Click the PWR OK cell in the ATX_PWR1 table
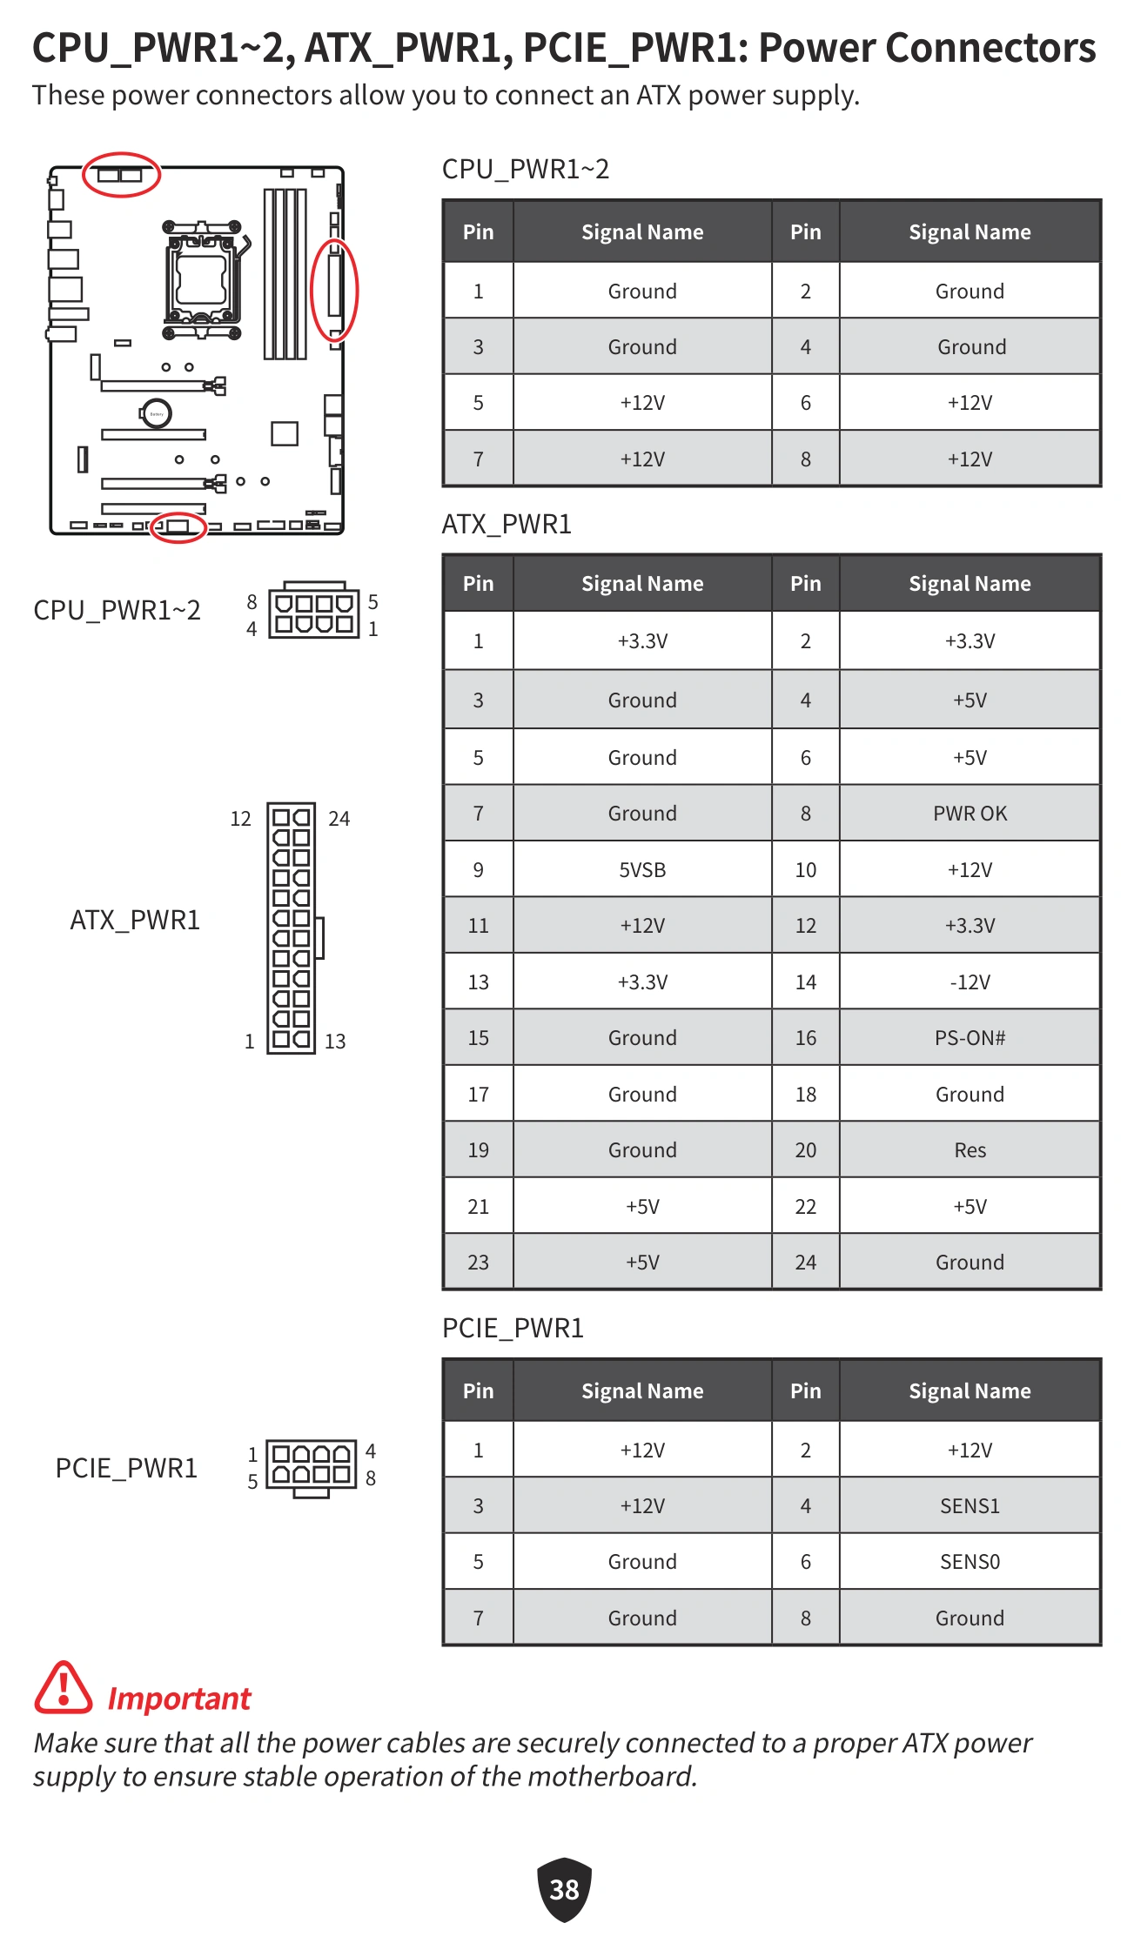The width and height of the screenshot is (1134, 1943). (x=970, y=814)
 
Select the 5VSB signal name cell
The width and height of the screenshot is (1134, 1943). (x=642, y=869)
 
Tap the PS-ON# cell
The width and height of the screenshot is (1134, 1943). (x=970, y=1038)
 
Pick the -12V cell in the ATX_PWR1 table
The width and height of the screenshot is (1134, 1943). (x=970, y=982)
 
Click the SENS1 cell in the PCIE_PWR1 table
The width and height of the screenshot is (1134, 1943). (x=970, y=1505)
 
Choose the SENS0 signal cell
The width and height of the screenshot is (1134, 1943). (x=970, y=1562)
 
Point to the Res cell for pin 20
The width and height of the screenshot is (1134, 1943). (x=970, y=1150)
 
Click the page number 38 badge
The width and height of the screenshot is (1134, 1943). (x=564, y=1889)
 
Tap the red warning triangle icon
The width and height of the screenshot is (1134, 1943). (x=63, y=1689)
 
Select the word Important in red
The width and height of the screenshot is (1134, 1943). (x=179, y=1698)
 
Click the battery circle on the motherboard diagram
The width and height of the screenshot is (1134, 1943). (x=157, y=413)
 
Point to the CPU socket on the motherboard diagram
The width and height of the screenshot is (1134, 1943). (x=202, y=278)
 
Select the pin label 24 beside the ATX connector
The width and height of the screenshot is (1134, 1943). (x=339, y=819)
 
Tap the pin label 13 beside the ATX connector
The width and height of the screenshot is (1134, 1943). (x=335, y=1042)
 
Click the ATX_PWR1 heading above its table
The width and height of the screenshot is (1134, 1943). (x=507, y=525)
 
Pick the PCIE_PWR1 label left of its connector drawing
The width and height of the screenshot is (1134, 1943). (x=126, y=1469)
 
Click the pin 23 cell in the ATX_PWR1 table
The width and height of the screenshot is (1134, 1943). (x=478, y=1263)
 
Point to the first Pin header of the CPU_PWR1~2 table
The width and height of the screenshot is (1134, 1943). (x=478, y=232)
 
